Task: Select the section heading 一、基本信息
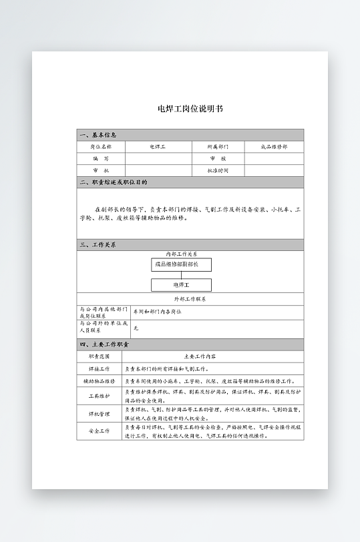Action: click(x=98, y=134)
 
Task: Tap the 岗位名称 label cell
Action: click(x=100, y=146)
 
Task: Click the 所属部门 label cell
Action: click(x=218, y=146)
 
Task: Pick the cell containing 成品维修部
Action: click(x=274, y=146)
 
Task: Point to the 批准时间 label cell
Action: click(x=218, y=170)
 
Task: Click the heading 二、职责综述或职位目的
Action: click(x=114, y=182)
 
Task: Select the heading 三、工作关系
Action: click(x=98, y=245)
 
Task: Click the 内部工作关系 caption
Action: click(x=181, y=254)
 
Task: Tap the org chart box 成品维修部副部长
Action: click(x=181, y=264)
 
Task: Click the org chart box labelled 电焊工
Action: click(x=181, y=285)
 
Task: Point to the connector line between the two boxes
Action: click(x=181, y=274)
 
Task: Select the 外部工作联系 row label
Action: click(x=190, y=299)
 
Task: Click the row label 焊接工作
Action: click(x=100, y=368)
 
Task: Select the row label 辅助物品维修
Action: click(x=100, y=380)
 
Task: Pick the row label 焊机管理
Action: click(x=100, y=414)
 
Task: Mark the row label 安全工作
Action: click(x=100, y=431)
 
